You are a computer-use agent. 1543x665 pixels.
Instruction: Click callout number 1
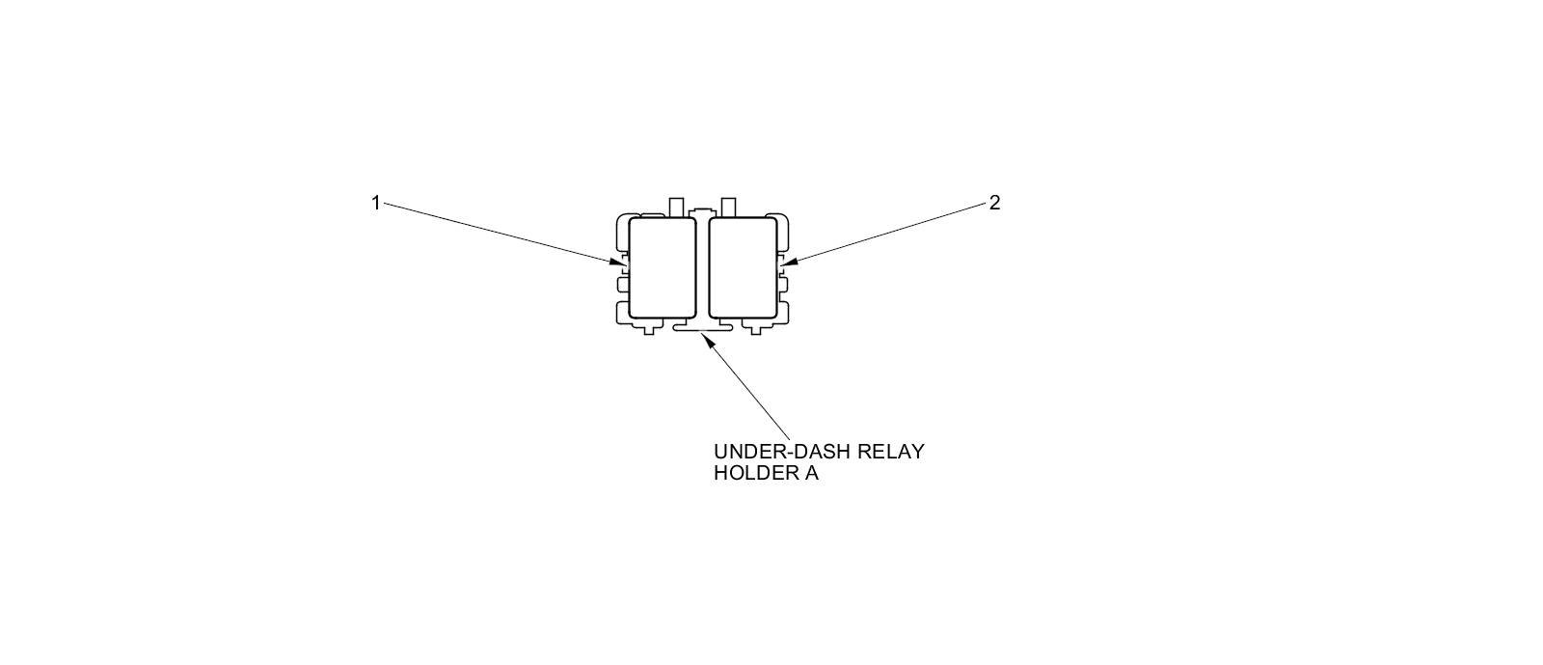tap(375, 203)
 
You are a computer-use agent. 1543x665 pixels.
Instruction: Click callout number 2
tap(994, 203)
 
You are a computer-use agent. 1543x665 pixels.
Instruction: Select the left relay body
tap(662, 267)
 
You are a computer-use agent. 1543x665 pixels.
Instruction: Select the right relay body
tap(743, 267)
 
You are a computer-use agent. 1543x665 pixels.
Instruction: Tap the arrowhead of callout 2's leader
tap(785, 262)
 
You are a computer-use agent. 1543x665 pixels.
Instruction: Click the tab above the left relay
tap(676, 207)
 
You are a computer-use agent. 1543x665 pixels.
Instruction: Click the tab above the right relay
tap(729, 207)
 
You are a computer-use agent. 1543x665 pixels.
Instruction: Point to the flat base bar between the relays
tap(702, 328)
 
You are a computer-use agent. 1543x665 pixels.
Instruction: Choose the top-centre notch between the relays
tap(702, 211)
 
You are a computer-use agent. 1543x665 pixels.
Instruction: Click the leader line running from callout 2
tap(887, 232)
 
